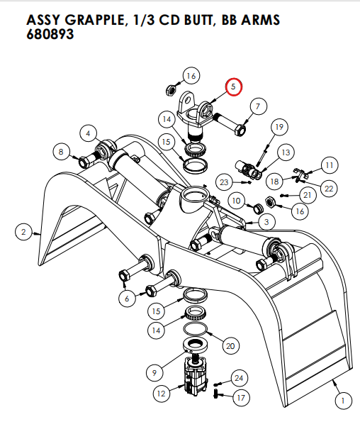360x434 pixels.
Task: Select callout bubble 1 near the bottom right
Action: pos(343,401)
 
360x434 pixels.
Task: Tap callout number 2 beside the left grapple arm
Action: pos(23,231)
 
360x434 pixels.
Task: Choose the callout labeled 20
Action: pos(229,345)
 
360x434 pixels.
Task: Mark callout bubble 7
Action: pos(257,107)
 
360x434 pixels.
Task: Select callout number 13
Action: pos(286,152)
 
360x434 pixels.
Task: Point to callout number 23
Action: pos(225,183)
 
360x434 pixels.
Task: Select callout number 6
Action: pos(127,299)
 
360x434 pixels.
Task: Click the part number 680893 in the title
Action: pos(50,34)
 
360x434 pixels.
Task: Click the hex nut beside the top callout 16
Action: pos(170,90)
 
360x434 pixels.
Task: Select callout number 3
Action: pos(267,222)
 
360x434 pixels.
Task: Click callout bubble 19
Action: pos(279,127)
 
